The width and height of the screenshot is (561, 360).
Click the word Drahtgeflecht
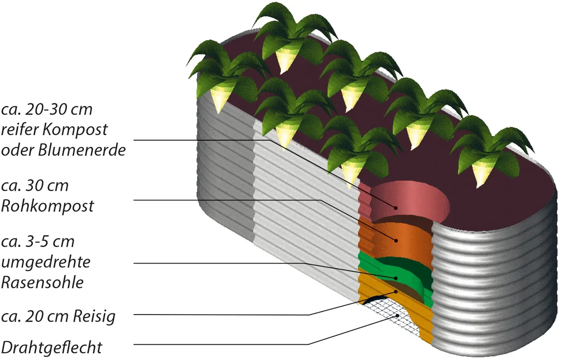pos(51,348)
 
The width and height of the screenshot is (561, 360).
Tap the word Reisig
pos(94,317)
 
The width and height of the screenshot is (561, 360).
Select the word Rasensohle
pos(42,282)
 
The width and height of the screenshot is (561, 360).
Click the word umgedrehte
pos(45,262)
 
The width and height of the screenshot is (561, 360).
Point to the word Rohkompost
pos(47,206)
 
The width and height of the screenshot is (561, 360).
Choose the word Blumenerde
pos(82,150)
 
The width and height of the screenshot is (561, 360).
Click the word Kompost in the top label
pos(75,130)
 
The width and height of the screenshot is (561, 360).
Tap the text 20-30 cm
pos(59,110)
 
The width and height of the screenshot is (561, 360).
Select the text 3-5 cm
pos(49,242)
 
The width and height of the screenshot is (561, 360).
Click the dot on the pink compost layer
pos(396,208)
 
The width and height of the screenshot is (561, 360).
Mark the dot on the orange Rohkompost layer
pos(396,241)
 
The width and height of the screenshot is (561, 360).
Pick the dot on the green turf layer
pos(396,278)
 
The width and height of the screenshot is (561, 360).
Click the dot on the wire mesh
pos(397,316)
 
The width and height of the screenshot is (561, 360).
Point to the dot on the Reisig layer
pos(396,292)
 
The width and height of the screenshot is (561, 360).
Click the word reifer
pos(20,130)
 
